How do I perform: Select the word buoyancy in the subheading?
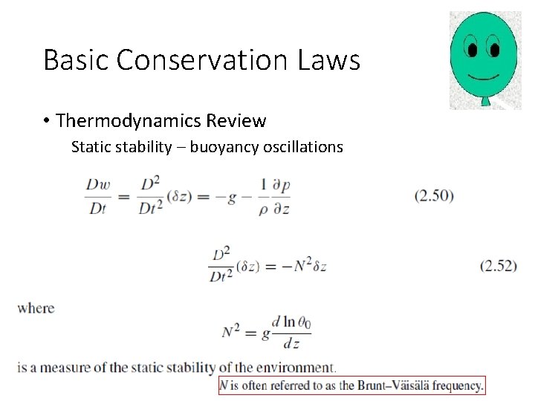221,147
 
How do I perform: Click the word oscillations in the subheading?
300,147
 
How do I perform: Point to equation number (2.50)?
433,196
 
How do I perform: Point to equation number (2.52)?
498,265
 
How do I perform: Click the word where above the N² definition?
36,307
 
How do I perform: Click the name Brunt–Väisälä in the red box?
399,385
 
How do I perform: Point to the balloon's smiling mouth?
484,76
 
